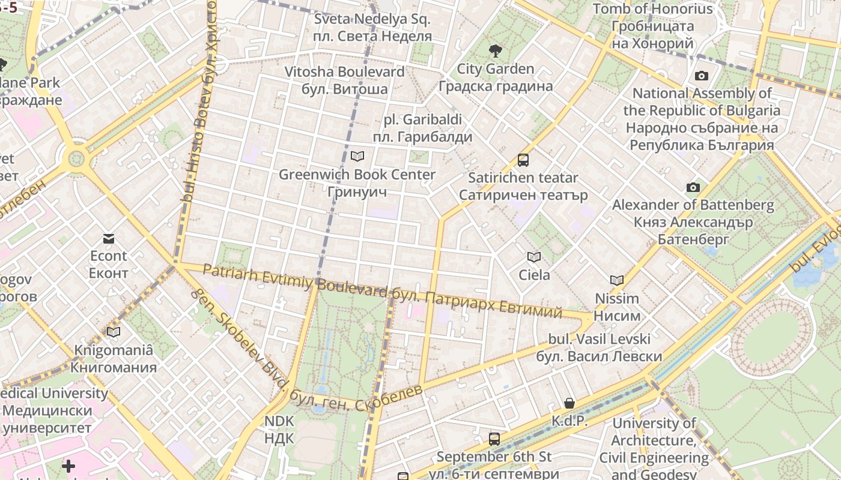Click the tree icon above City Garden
(x=496, y=51)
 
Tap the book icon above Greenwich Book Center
(x=357, y=157)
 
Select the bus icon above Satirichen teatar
(x=523, y=160)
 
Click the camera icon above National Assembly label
(x=702, y=76)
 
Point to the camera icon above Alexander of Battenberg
(x=693, y=187)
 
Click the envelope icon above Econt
(x=108, y=239)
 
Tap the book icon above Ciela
(x=534, y=257)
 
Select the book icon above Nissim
(x=617, y=280)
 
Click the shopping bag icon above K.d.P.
(x=569, y=403)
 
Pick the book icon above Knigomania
(x=114, y=332)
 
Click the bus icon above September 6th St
(x=494, y=439)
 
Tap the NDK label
(x=279, y=430)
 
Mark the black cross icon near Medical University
(x=68, y=466)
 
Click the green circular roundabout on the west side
(x=76, y=159)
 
